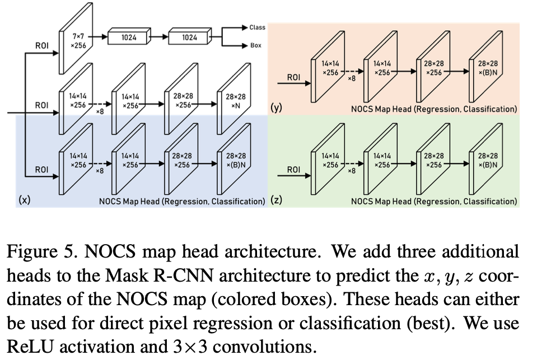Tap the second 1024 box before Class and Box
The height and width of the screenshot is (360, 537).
190,38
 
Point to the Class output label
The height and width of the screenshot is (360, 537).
258,27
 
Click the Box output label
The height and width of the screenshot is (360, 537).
255,46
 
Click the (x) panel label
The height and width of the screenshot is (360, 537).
25,200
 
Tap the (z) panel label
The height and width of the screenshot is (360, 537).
276,200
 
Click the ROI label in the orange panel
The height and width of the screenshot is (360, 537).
293,77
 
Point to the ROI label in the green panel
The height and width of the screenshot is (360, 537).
293,169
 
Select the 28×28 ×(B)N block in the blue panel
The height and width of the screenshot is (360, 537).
235,160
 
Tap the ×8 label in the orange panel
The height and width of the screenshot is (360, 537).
352,79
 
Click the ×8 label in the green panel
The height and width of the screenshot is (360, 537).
352,171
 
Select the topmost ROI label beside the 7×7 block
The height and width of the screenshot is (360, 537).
41,46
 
